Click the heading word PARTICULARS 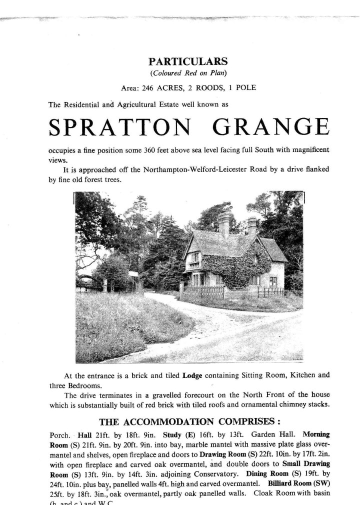tap(188, 61)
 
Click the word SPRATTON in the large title tap(118, 128)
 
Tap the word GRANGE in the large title tap(271, 128)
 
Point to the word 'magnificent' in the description tap(307, 150)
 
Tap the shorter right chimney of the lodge tap(251, 225)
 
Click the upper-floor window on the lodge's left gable tap(194, 257)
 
